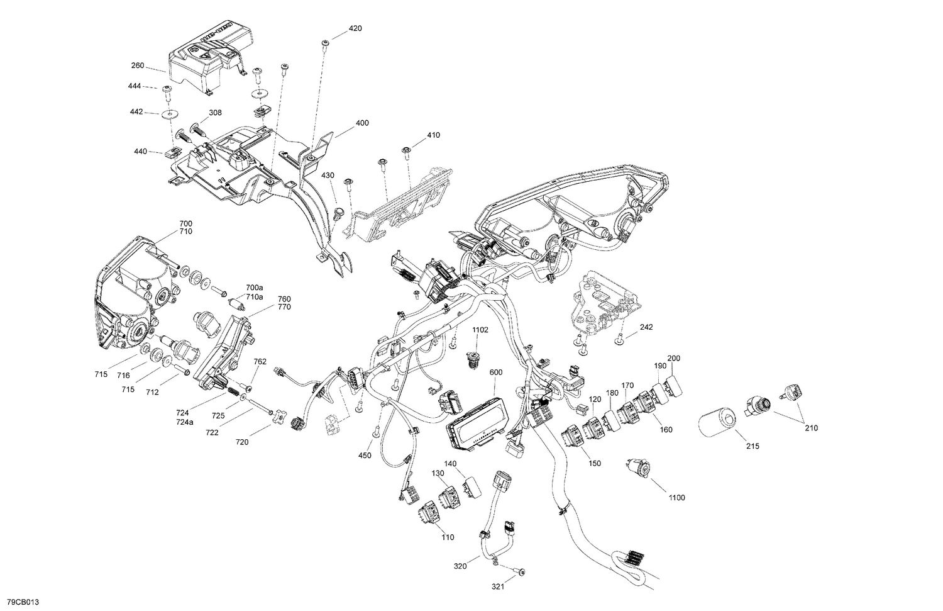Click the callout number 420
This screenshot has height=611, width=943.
coord(355,28)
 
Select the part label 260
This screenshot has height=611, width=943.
coord(138,65)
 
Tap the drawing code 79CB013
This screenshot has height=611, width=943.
coord(20,602)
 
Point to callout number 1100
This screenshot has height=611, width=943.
coord(676,498)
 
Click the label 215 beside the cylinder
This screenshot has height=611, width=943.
coord(753,446)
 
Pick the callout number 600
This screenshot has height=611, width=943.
coord(496,372)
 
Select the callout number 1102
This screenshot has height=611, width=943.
coord(480,329)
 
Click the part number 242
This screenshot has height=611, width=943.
coord(647,327)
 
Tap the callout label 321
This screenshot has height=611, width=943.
coord(497,587)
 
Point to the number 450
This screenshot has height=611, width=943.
coord(365,455)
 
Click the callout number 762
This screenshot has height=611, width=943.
coord(260,362)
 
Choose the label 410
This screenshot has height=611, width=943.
coord(433,135)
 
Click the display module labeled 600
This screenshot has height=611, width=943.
coord(473,425)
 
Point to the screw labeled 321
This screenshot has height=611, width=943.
coord(522,572)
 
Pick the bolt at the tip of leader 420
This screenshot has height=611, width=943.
coord(325,43)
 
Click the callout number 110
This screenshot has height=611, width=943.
coord(447,537)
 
